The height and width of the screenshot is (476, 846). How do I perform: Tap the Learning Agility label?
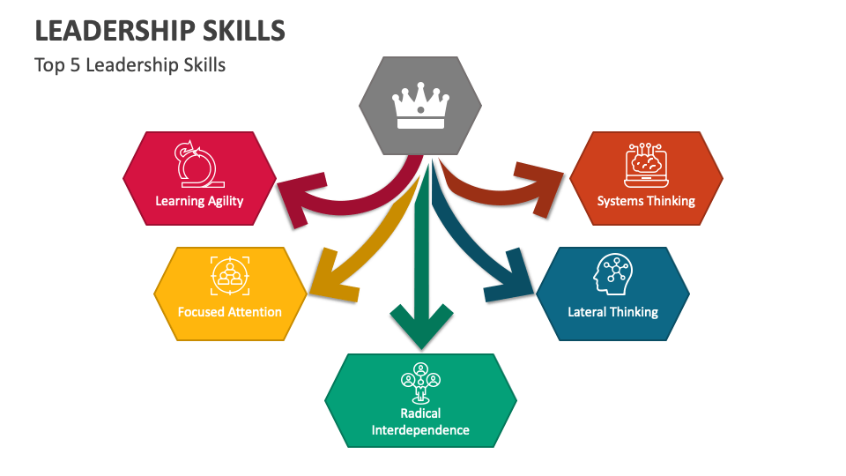click(199, 201)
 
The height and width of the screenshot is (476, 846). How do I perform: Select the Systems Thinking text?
click(646, 201)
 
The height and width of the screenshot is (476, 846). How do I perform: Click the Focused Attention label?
click(229, 312)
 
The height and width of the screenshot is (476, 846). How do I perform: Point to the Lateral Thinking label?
click(612, 312)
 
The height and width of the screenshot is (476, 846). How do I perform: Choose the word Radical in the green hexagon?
click(420, 413)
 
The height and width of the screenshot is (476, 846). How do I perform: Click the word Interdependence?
click(420, 430)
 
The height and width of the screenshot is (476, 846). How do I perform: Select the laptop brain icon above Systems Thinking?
click(646, 166)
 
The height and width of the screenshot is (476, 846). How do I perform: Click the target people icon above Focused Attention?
click(230, 276)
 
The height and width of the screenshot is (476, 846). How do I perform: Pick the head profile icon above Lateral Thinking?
click(613, 275)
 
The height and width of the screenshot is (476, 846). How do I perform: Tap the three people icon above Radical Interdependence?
click(420, 380)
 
